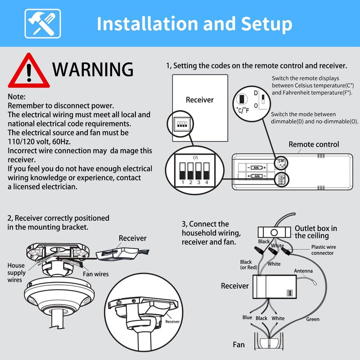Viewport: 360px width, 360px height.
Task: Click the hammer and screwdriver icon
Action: click(43, 24)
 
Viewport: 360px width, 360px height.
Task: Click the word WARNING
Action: click(93, 69)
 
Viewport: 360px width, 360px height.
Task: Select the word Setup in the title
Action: click(266, 24)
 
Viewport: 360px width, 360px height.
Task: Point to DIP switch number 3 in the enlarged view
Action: click(198, 171)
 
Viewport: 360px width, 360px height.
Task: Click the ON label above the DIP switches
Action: click(196, 158)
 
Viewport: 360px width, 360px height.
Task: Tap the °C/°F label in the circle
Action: click(243, 110)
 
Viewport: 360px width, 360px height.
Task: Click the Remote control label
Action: click(314, 144)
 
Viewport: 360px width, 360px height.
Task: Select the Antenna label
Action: click(303, 271)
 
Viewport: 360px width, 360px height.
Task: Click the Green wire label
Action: click(313, 319)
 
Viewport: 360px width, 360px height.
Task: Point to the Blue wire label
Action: click(247, 317)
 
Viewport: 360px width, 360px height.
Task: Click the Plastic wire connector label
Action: click(324, 250)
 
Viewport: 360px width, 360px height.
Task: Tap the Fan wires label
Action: click(96, 274)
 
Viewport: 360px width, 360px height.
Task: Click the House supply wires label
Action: click(16, 273)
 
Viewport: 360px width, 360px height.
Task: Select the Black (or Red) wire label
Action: click(249, 265)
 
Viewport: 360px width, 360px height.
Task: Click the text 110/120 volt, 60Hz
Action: click(39, 142)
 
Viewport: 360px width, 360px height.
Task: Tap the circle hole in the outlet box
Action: click(274, 233)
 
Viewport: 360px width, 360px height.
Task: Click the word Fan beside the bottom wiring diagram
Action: click(238, 345)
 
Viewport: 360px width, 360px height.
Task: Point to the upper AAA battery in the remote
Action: click(256, 167)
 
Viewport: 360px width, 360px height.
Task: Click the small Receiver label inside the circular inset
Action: click(172, 322)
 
